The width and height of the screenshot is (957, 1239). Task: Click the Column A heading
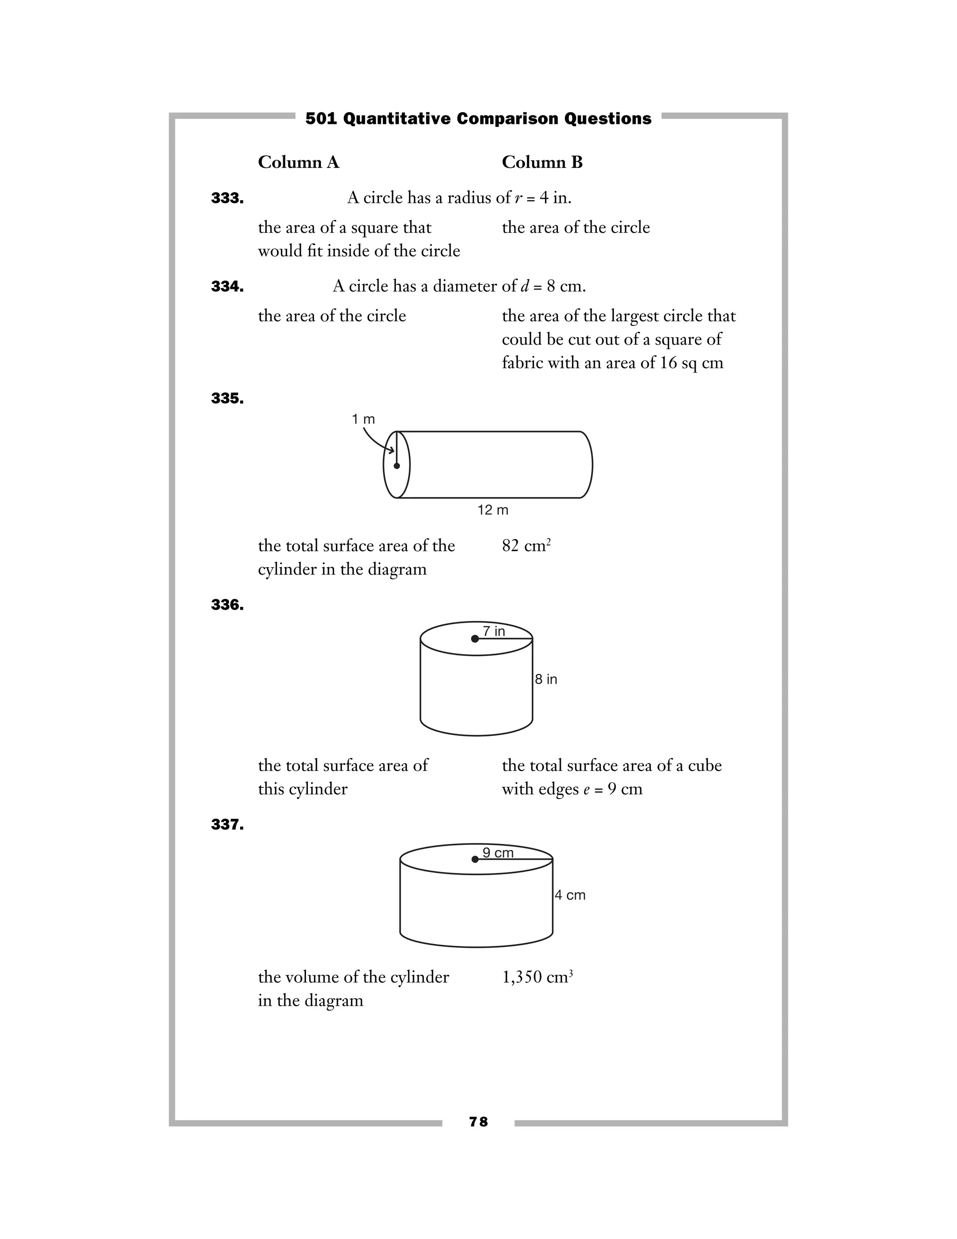click(298, 162)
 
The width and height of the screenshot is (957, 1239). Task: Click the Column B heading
click(542, 162)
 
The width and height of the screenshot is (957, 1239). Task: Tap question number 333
click(228, 198)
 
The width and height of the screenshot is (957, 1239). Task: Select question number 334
click(228, 287)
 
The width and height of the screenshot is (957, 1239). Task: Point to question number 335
click(228, 398)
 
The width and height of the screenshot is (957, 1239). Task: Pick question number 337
click(228, 824)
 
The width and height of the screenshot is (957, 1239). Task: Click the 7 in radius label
click(494, 631)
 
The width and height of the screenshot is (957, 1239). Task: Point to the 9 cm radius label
click(498, 853)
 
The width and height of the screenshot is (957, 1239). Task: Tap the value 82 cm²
click(526, 546)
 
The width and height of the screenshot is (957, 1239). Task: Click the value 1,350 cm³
click(537, 977)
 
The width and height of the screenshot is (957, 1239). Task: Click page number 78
click(478, 1122)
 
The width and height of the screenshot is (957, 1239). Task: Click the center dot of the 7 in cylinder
click(475, 639)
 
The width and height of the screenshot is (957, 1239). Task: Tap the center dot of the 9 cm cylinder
click(475, 859)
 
